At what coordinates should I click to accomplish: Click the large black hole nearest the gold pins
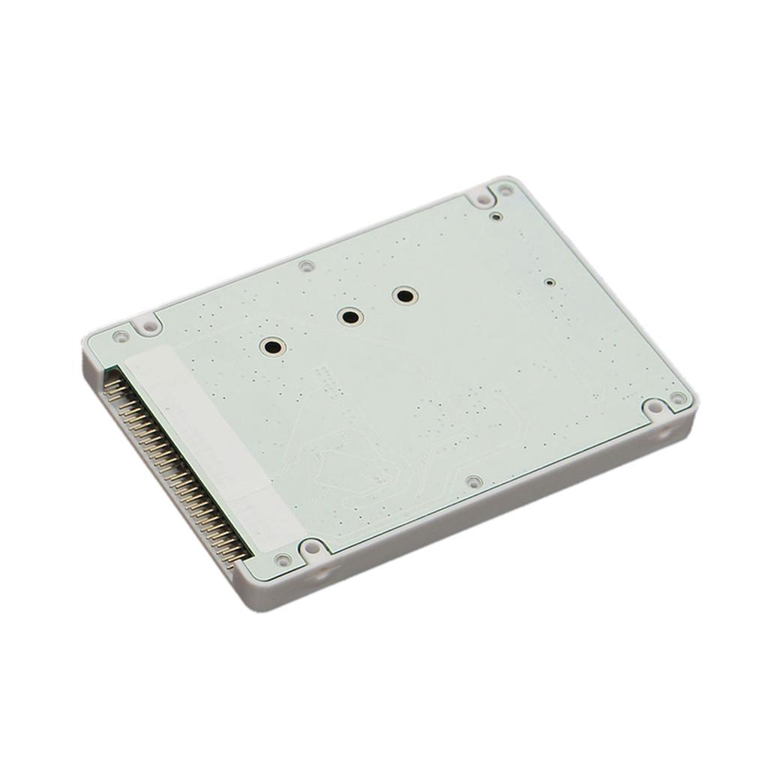coord(271,346)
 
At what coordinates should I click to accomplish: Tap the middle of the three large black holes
coord(349,316)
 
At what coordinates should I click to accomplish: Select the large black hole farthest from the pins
coord(405,296)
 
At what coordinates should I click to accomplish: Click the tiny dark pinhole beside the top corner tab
coord(495,217)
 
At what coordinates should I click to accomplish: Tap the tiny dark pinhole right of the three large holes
coord(550,283)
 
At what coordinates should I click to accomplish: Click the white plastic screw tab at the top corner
coord(480,198)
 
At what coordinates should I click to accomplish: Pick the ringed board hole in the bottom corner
coord(283,559)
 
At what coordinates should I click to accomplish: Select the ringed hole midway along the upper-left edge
coord(305,265)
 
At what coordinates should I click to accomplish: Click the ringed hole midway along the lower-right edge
coord(472,481)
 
